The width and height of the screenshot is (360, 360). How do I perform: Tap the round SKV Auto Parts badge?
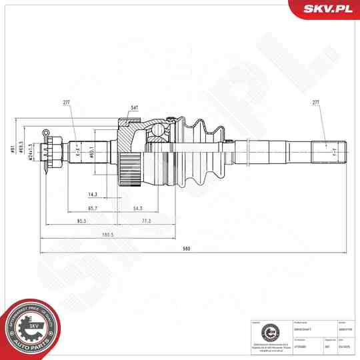point(30,327)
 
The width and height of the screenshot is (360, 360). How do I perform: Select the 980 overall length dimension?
point(187,249)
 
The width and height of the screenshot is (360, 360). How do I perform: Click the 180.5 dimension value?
point(107,234)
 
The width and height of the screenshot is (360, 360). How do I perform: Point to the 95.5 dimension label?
point(82,220)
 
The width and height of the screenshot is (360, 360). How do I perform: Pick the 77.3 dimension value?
point(146,220)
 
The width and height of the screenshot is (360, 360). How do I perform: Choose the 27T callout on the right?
point(316,103)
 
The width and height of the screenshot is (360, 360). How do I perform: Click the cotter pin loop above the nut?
point(46,133)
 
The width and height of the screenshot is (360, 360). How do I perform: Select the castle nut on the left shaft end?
point(54,153)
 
